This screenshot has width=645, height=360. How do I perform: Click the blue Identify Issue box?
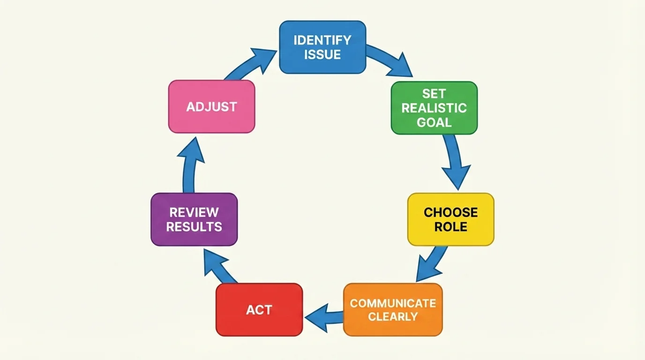pyautogui.click(x=322, y=47)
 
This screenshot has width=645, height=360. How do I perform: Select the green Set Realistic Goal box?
pyautogui.click(x=434, y=108)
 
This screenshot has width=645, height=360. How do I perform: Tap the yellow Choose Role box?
pyautogui.click(x=450, y=219)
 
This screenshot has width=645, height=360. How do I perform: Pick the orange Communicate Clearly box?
pyautogui.click(x=393, y=309)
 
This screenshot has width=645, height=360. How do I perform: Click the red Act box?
pyautogui.click(x=259, y=309)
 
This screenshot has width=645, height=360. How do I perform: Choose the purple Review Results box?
pyautogui.click(x=194, y=219)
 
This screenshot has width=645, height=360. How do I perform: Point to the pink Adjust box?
pyautogui.click(x=211, y=106)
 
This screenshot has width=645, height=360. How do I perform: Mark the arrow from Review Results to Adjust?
pyautogui.click(x=190, y=164)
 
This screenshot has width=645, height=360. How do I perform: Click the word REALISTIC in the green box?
pyautogui.click(x=434, y=108)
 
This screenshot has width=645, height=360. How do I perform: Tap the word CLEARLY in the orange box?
pyautogui.click(x=393, y=316)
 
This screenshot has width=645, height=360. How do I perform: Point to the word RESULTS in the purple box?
pyautogui.click(x=194, y=227)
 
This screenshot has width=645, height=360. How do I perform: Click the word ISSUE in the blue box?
pyautogui.click(x=322, y=54)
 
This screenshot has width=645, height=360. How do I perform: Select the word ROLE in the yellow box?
pyautogui.click(x=450, y=227)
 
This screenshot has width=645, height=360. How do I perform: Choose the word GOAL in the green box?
pyautogui.click(x=434, y=122)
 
